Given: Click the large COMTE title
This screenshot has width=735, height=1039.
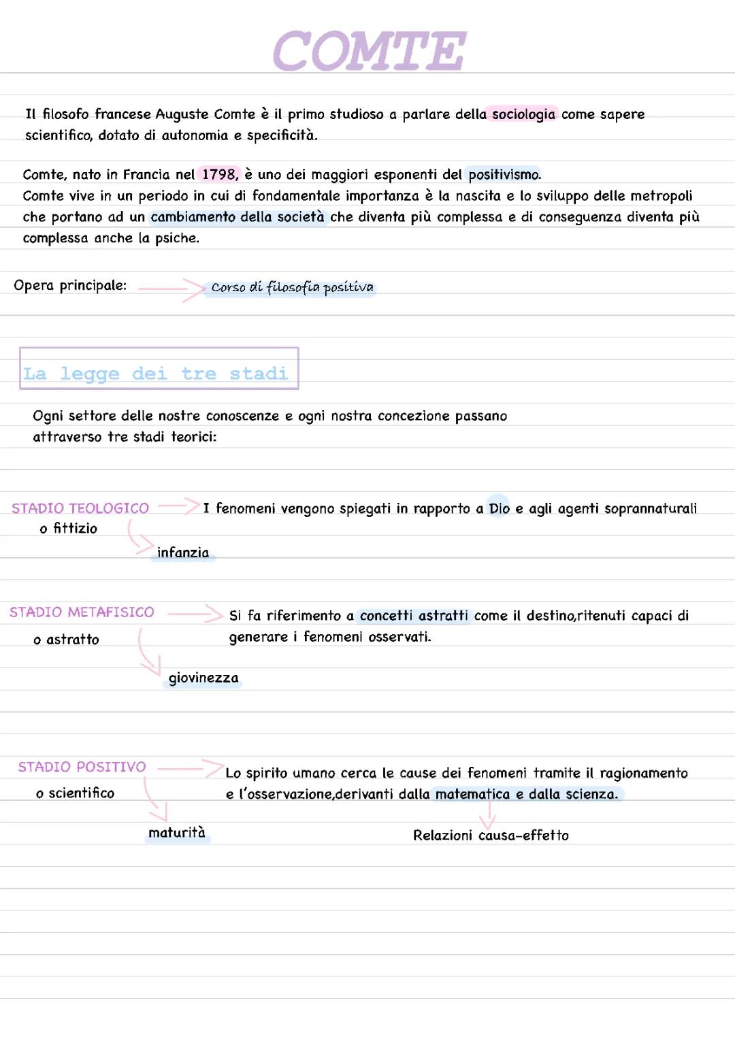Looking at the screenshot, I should click(x=370, y=51).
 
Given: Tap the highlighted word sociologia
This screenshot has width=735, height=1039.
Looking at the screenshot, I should click(x=523, y=114).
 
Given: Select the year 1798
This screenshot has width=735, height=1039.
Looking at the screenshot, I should click(x=219, y=175).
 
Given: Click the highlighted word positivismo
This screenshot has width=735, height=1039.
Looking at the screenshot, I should click(x=504, y=175).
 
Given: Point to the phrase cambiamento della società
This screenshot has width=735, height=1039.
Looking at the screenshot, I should click(x=238, y=217).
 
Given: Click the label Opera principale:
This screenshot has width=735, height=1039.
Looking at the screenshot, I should click(x=70, y=286).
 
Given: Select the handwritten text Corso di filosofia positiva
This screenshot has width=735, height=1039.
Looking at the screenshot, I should click(x=292, y=288).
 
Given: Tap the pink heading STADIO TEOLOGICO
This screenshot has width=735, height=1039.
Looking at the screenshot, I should click(x=80, y=508).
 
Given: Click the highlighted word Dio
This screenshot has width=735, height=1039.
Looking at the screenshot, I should click(x=499, y=508).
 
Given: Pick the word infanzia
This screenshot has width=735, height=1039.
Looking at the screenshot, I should click(x=183, y=553).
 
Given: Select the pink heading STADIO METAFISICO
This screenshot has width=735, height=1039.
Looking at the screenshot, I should click(x=82, y=612).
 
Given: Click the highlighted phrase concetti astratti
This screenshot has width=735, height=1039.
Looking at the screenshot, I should click(x=414, y=616).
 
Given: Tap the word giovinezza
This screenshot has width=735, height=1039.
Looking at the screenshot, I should click(x=203, y=678).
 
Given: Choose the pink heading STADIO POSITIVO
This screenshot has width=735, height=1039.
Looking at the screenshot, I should click(x=82, y=767).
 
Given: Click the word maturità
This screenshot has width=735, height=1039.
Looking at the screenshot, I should click(x=177, y=833).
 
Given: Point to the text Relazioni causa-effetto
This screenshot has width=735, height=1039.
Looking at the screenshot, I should click(x=491, y=836).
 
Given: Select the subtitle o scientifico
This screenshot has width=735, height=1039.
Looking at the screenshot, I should click(x=76, y=793).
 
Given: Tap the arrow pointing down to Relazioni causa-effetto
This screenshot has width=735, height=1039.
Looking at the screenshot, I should click(x=488, y=814).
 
